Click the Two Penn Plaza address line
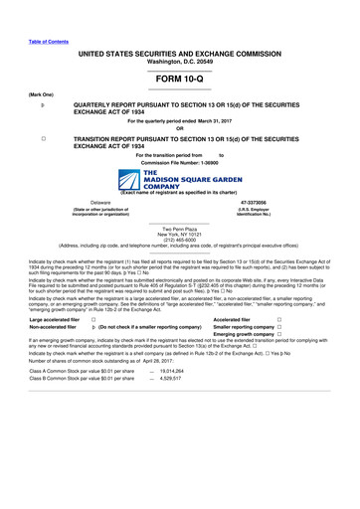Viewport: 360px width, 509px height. point(179,228)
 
